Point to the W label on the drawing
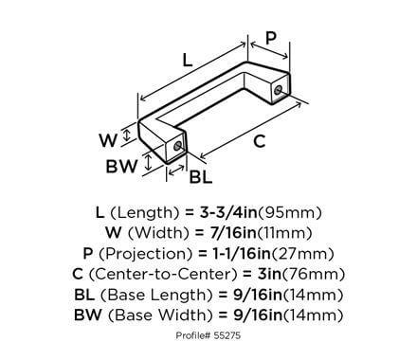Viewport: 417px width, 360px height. pos(109,139)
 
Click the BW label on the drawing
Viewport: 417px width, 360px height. pos(118,167)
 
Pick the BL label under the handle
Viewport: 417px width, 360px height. pos(200,175)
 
